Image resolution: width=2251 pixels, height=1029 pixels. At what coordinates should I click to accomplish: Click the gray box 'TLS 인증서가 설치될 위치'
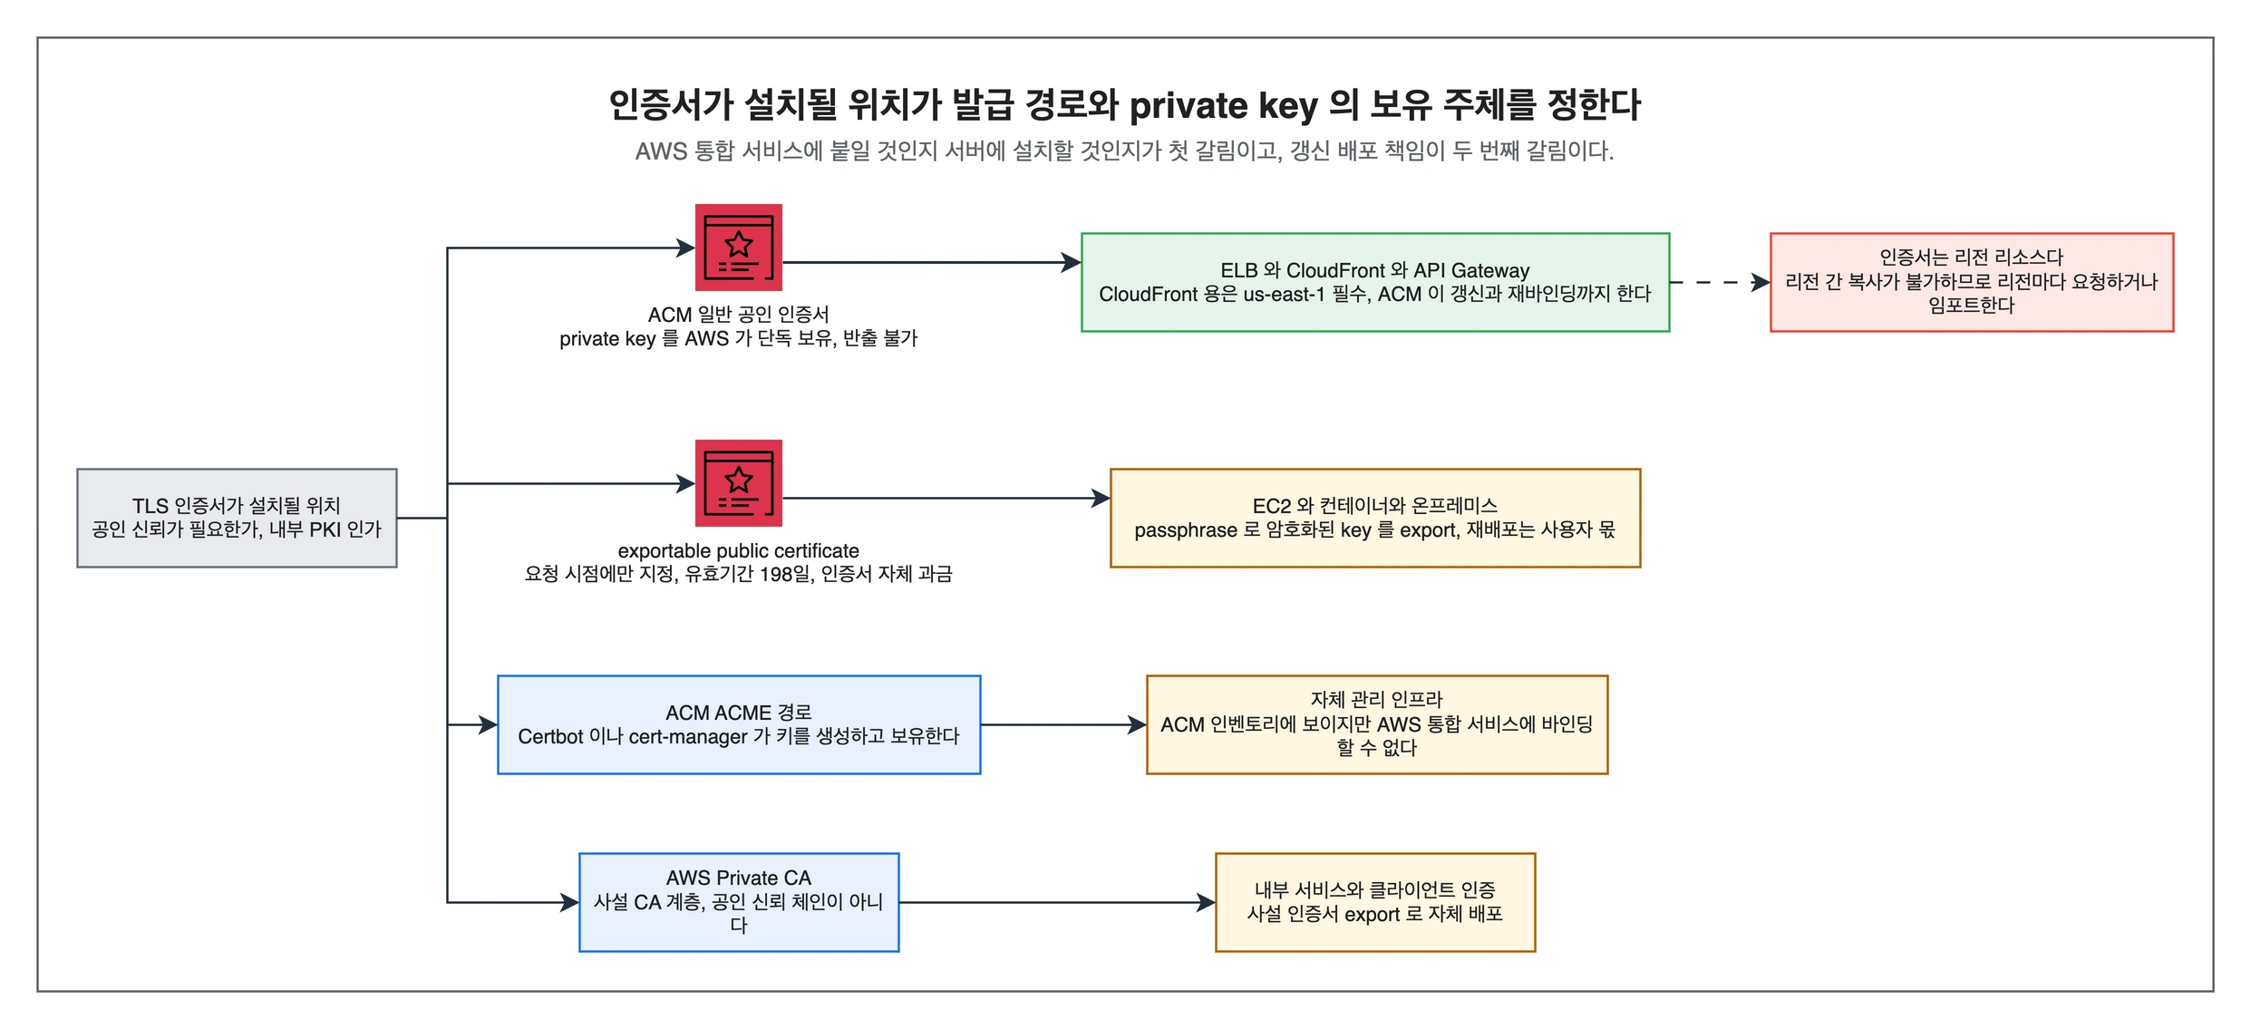point(237,518)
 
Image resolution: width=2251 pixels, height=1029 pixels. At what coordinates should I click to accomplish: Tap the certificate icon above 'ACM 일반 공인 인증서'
point(738,248)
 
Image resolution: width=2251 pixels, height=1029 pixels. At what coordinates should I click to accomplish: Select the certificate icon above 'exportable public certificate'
point(738,483)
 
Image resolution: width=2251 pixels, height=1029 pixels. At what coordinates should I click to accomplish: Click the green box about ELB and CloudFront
point(1375,282)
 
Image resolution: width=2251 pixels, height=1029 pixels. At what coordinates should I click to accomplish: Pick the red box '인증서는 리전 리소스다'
point(1972,282)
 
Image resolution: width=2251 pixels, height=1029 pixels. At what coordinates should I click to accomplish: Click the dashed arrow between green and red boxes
point(1720,283)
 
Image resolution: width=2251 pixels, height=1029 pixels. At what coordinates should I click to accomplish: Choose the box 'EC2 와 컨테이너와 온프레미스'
point(1375,518)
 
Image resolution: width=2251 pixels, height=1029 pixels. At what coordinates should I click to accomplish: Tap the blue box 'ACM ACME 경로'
point(739,724)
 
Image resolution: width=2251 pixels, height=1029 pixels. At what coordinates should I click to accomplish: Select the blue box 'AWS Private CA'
point(739,902)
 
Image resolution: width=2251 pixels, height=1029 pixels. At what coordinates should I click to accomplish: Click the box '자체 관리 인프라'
point(1377,724)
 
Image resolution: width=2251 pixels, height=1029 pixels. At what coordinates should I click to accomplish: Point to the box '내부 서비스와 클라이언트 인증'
point(1375,902)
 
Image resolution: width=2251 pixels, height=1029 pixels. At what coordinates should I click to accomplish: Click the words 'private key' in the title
point(1223,106)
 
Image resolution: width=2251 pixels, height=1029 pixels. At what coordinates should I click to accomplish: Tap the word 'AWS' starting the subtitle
point(661,151)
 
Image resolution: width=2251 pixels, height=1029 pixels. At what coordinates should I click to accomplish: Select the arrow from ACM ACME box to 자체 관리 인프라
point(1063,724)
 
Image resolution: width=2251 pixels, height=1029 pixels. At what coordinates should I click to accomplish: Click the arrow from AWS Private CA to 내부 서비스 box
point(1057,902)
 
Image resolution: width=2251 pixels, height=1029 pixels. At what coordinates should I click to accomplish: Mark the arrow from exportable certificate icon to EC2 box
point(946,498)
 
